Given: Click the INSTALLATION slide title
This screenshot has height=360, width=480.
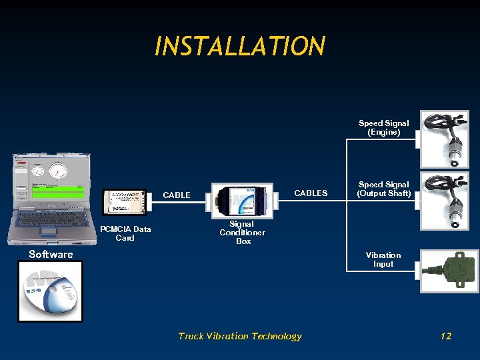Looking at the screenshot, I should coord(240,47).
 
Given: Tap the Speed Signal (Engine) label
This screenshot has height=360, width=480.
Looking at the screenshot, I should coord(383,128).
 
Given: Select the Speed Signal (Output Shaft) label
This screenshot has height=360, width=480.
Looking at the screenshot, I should coord(383,189).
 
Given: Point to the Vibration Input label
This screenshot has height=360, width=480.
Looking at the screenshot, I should coord(383,259).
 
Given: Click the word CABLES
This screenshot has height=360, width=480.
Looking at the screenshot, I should coord(311,193).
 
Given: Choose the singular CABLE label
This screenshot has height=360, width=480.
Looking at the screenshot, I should coord(177,195).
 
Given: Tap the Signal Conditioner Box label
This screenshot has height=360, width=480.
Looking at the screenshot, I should coord(243,233).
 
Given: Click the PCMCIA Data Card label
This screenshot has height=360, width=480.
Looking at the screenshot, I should coord(125,233).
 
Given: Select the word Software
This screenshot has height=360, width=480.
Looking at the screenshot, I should coord(51,254).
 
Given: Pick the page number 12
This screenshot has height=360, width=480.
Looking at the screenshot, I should coord(446,336).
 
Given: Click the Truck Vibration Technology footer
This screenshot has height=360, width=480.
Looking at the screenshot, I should coord(240,336).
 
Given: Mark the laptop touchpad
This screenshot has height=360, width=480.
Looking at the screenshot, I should coord(49,231).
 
